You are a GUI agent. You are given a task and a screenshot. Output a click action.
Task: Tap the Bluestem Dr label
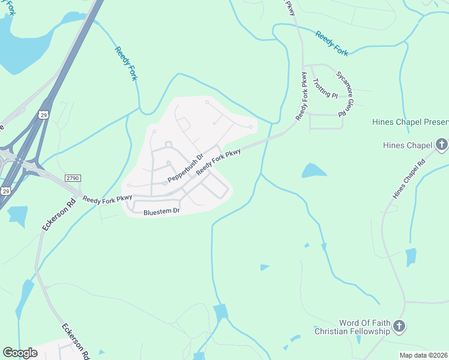161,212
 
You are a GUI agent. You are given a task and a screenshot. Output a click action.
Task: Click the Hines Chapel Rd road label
408,179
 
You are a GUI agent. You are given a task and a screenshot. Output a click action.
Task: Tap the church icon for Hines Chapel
441,145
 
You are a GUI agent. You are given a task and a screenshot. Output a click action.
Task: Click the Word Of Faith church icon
399,327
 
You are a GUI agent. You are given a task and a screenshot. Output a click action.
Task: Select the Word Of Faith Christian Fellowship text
357,327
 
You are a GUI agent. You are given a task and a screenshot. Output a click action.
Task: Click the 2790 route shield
72,178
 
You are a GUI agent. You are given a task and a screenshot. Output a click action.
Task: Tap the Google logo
20,353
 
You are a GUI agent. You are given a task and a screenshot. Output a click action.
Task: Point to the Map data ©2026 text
424,355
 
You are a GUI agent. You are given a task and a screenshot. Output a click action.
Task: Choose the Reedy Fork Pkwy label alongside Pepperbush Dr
218,161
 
